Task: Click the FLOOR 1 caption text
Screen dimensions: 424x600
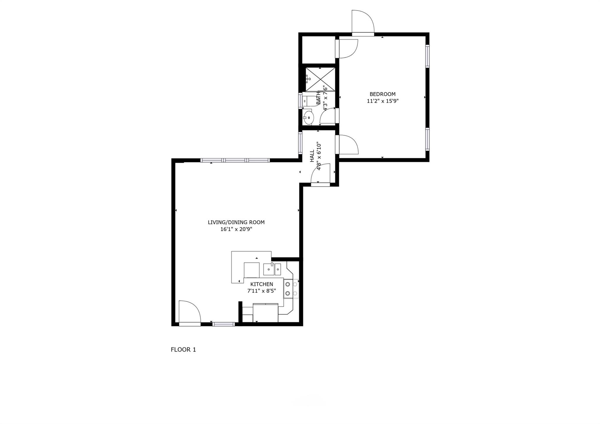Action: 183,350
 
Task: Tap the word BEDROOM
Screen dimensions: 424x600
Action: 382,94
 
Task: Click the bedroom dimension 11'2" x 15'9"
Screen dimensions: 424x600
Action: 383,101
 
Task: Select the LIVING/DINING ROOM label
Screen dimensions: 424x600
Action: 236,222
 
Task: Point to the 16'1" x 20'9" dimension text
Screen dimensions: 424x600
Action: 236,229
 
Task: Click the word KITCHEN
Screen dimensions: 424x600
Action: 262,284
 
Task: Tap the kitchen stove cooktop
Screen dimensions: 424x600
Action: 291,289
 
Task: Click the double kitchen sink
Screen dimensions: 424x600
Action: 272,269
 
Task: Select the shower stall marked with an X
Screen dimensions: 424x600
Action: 320,79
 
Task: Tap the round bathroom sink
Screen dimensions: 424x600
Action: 308,118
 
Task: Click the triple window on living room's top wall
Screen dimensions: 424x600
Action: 235,160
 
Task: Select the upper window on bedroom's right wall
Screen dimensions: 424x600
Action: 427,56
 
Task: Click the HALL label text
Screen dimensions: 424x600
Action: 312,156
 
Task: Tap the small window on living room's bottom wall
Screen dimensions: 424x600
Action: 224,324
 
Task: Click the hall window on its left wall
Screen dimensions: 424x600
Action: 300,143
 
